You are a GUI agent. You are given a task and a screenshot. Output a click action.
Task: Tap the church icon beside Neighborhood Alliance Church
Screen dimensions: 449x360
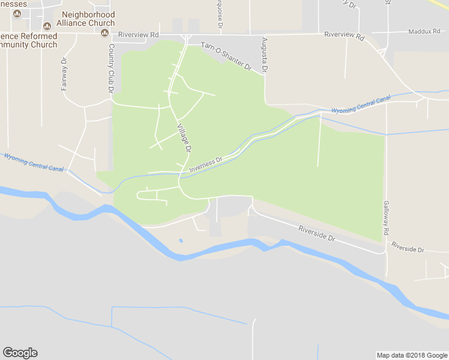coord(104,32)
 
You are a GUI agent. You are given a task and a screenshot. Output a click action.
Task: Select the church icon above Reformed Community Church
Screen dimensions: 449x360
coord(47,26)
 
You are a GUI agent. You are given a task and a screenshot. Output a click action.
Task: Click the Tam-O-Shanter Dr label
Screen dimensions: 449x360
coord(226,56)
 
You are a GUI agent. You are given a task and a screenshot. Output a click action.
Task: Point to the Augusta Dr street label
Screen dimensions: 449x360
coord(264,55)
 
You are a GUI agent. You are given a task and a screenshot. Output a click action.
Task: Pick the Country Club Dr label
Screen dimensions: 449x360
coord(111,68)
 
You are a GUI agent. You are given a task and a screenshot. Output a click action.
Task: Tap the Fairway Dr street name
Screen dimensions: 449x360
coord(64,74)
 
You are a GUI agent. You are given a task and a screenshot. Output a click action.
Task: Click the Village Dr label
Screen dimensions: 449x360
coord(184,137)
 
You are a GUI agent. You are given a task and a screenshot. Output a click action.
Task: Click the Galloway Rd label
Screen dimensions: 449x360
coord(387,218)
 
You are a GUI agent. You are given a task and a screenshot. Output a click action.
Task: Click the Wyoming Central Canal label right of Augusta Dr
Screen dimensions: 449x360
coord(361,104)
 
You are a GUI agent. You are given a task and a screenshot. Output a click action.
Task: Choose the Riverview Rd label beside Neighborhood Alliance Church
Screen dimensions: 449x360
coord(139,35)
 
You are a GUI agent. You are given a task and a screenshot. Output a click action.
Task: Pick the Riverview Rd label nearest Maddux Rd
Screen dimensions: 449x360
coord(344,35)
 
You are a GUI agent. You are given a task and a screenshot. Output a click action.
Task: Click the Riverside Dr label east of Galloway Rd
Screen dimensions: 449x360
coord(408,247)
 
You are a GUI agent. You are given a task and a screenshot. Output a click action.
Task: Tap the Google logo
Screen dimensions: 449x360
coord(20,353)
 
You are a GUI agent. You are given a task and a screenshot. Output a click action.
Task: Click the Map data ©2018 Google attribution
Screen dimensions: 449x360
coord(411,355)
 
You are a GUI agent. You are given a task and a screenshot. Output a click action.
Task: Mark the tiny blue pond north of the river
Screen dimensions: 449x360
coord(181,241)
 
